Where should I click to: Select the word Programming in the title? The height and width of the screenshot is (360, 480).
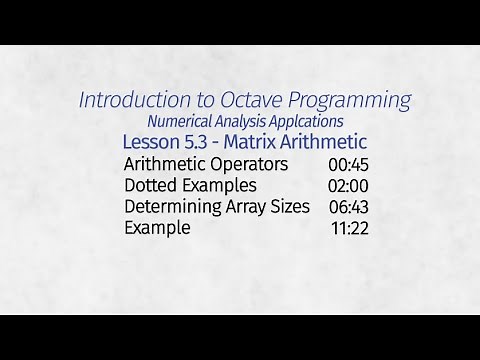point(345,100)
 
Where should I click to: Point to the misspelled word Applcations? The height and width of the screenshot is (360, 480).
point(306,121)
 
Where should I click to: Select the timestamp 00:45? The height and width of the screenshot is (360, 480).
point(348,164)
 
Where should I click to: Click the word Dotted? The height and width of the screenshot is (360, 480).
point(151,185)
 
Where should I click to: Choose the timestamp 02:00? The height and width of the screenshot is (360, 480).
point(348,186)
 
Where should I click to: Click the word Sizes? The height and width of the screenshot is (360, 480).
point(290,206)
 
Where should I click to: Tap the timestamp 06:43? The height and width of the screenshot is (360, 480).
point(349,207)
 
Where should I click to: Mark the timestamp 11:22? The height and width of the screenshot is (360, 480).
point(350,229)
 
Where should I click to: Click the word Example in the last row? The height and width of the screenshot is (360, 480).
point(157,228)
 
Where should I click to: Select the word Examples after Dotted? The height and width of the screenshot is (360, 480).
point(220,185)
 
